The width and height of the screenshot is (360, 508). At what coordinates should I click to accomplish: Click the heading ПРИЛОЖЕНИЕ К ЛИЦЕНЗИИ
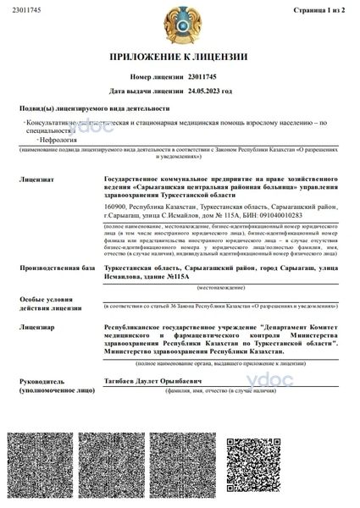pos(179,57)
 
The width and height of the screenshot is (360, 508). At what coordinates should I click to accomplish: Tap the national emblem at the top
pos(179,23)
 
